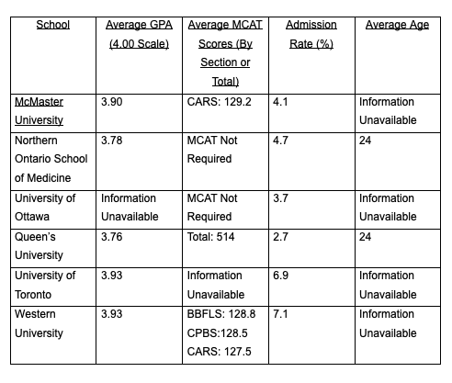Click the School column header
52,25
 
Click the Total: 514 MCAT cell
218,236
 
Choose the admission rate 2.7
280,236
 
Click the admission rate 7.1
280,313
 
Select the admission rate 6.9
280,275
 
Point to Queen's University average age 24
366,236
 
